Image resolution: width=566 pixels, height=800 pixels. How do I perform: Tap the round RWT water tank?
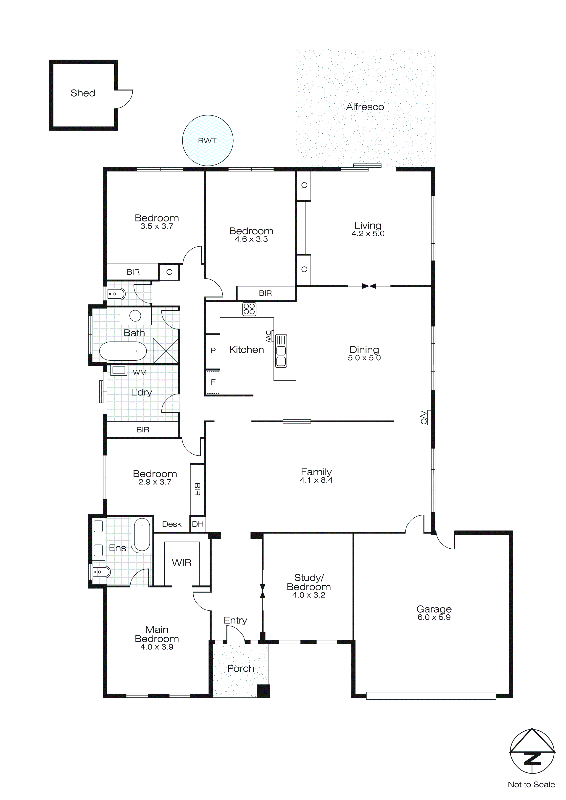coord(208,140)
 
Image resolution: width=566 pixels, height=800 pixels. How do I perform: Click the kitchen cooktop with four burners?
coord(249,309)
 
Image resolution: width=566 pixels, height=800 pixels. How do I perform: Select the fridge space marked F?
coord(213,382)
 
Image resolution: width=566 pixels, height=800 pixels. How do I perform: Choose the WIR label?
coord(182,563)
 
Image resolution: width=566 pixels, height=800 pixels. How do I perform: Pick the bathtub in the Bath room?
coord(123,351)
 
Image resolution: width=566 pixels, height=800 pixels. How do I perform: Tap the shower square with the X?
coord(166,350)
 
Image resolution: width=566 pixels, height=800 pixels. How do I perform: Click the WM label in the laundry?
coord(140,372)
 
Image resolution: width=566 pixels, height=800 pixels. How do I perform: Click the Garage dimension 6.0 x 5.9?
coord(434,617)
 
